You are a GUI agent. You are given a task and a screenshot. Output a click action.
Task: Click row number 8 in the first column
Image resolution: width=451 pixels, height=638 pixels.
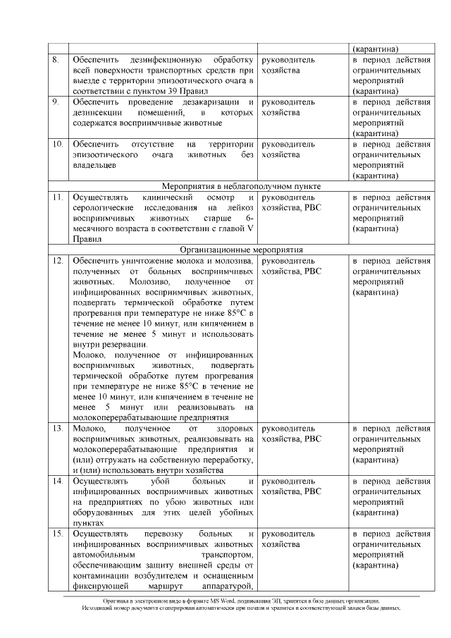pyautogui.click(x=56, y=60)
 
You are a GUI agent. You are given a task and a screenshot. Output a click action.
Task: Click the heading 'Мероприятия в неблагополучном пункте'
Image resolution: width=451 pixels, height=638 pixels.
pyautogui.click(x=241, y=186)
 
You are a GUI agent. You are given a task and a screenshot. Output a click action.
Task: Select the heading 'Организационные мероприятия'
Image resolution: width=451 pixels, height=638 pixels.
pyautogui.click(x=241, y=250)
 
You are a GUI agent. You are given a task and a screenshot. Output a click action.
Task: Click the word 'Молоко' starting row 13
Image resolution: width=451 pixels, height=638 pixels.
pyautogui.click(x=87, y=428)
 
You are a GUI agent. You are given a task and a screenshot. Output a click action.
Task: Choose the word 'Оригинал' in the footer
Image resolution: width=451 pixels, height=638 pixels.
pyautogui.click(x=117, y=600)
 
